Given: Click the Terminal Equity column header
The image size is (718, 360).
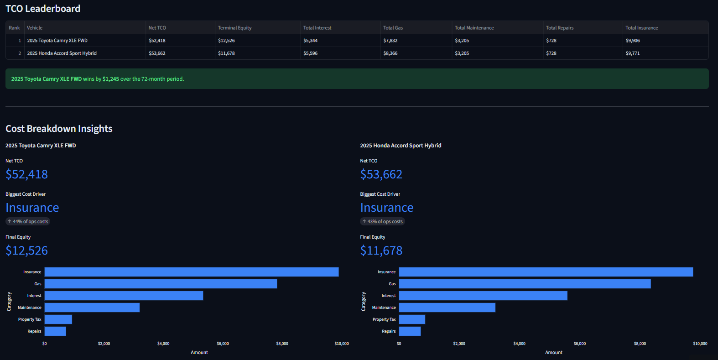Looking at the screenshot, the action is click(234, 28).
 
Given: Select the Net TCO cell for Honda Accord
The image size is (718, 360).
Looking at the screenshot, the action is click(157, 53).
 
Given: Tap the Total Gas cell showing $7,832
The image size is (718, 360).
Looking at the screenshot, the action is click(390, 41).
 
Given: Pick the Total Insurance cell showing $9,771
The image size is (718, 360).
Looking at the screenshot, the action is click(632, 53).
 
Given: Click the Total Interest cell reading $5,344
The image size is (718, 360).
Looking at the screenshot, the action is click(310, 41).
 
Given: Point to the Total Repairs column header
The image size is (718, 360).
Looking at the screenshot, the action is click(560, 28).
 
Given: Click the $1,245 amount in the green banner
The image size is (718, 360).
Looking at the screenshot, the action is click(110, 79).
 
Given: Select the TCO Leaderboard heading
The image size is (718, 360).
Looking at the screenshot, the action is click(43, 8).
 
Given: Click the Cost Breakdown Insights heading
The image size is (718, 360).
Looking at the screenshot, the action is click(59, 129).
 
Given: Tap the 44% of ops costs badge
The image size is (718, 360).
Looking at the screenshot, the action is click(27, 221).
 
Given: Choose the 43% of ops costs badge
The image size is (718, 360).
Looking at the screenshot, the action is click(382, 221).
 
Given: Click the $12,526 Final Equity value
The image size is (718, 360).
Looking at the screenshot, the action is click(26, 250).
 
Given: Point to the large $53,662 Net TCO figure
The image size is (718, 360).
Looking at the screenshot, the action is click(381, 174).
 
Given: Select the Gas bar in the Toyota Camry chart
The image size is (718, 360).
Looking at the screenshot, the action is click(161, 284).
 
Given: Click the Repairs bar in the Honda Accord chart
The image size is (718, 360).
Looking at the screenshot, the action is click(410, 331).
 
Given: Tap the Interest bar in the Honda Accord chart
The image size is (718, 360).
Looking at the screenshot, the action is click(483, 296).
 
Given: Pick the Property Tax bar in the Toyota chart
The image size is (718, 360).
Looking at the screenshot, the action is click(58, 319).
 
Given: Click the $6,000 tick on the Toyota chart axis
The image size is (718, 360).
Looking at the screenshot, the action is click(223, 344).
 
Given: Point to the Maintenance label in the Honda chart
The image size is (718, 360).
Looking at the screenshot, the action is click(384, 308).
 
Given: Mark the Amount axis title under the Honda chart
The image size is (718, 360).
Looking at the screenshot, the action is click(554, 352).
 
